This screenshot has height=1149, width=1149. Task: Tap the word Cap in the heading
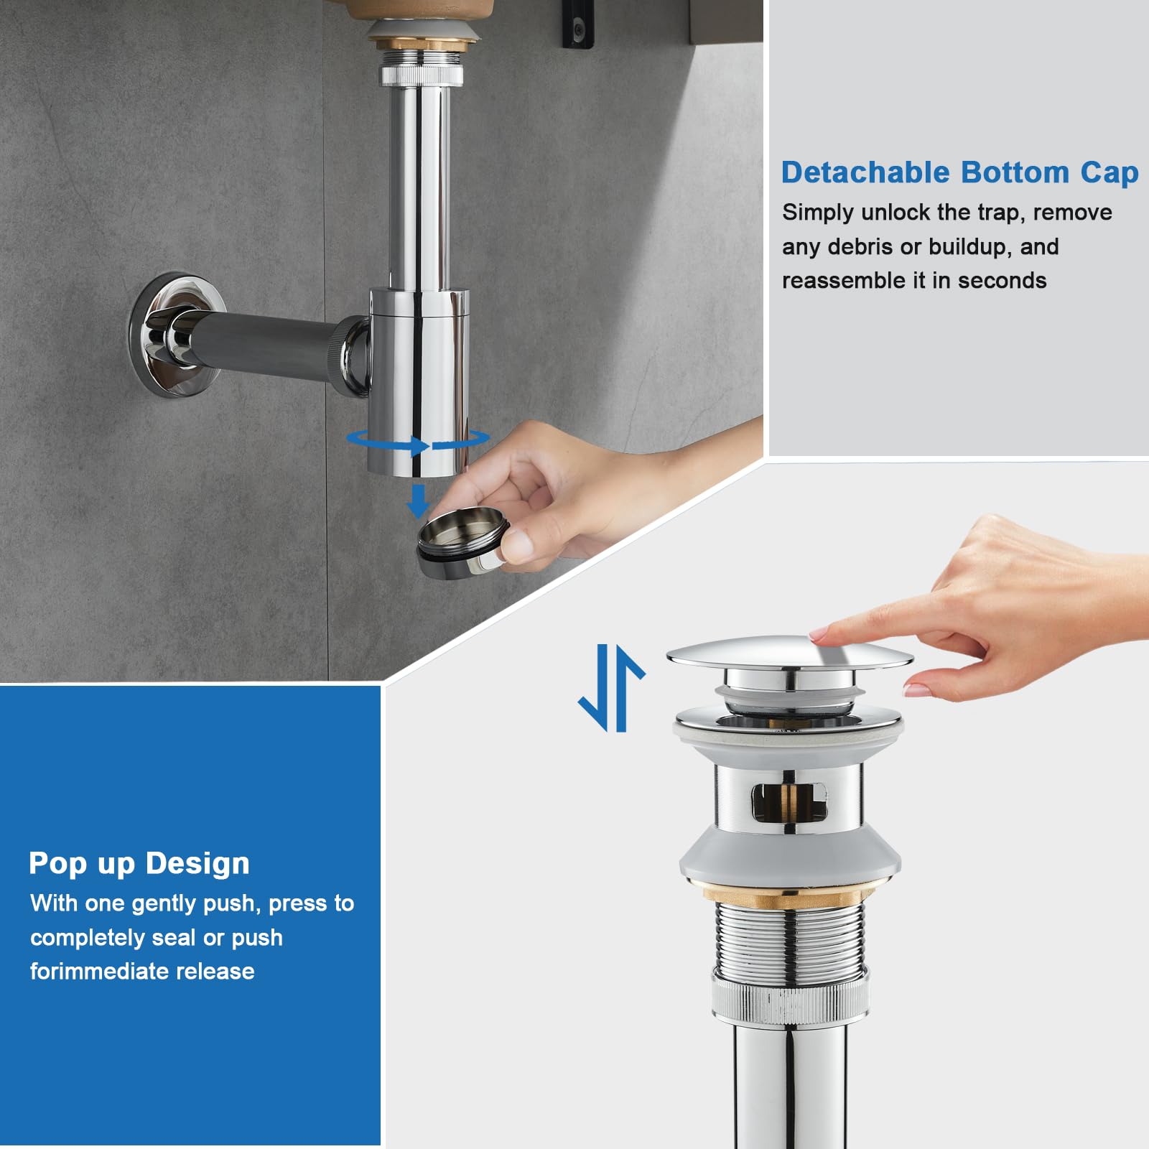click(1110, 173)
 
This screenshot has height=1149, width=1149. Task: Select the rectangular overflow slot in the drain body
click(789, 801)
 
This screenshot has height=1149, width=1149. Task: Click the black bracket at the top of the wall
click(579, 25)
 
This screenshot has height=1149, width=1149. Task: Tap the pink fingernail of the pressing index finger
click(818, 636)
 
